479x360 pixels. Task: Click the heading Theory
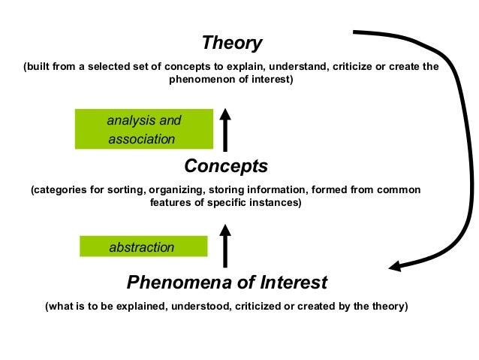(232, 43)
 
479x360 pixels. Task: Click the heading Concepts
(225, 165)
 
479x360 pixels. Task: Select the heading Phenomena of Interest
(227, 283)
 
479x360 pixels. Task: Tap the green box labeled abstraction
(143, 247)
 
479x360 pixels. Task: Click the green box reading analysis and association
(144, 129)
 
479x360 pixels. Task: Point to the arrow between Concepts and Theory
(224, 129)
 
